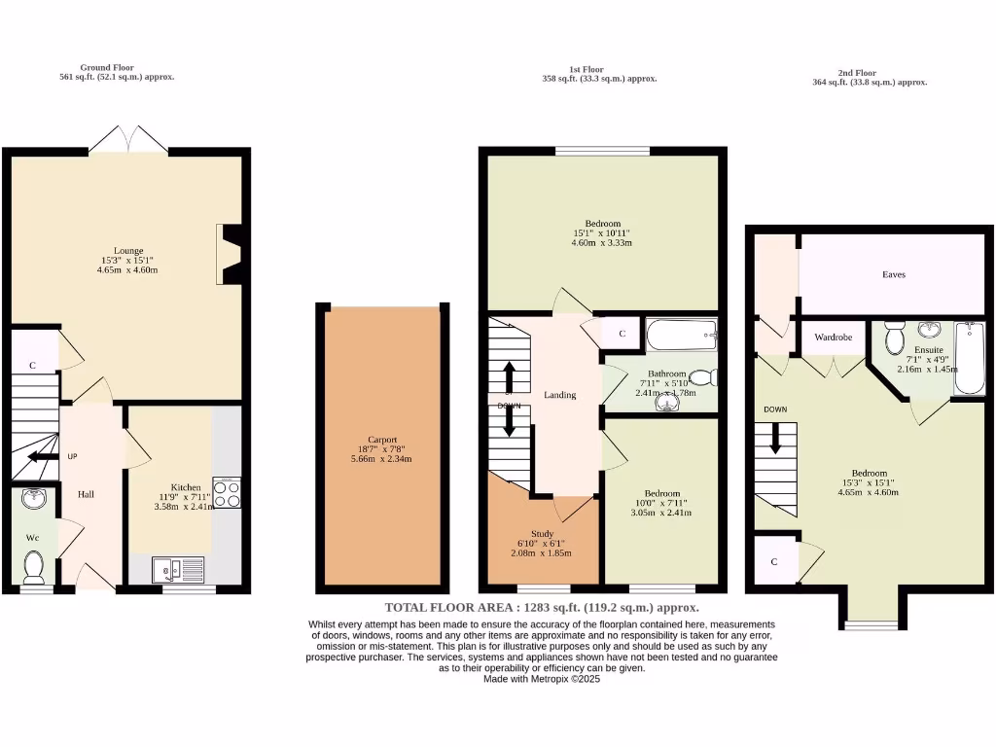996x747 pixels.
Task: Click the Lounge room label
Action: point(128,249)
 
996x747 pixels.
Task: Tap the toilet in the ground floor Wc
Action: point(34,565)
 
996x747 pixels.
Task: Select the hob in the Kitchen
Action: point(227,494)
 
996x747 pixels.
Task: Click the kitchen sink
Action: point(178,567)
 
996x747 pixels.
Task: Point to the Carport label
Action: point(382,439)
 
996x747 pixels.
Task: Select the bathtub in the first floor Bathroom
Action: point(682,338)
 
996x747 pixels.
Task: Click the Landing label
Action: point(560,395)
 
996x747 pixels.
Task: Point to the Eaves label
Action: point(893,275)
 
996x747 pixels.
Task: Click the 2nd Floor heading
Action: point(857,72)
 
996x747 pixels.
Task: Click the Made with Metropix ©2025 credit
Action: point(542,680)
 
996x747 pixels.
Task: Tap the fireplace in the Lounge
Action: point(231,255)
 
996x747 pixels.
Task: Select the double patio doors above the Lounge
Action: point(128,138)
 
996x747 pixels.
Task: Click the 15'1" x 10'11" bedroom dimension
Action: point(602,233)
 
